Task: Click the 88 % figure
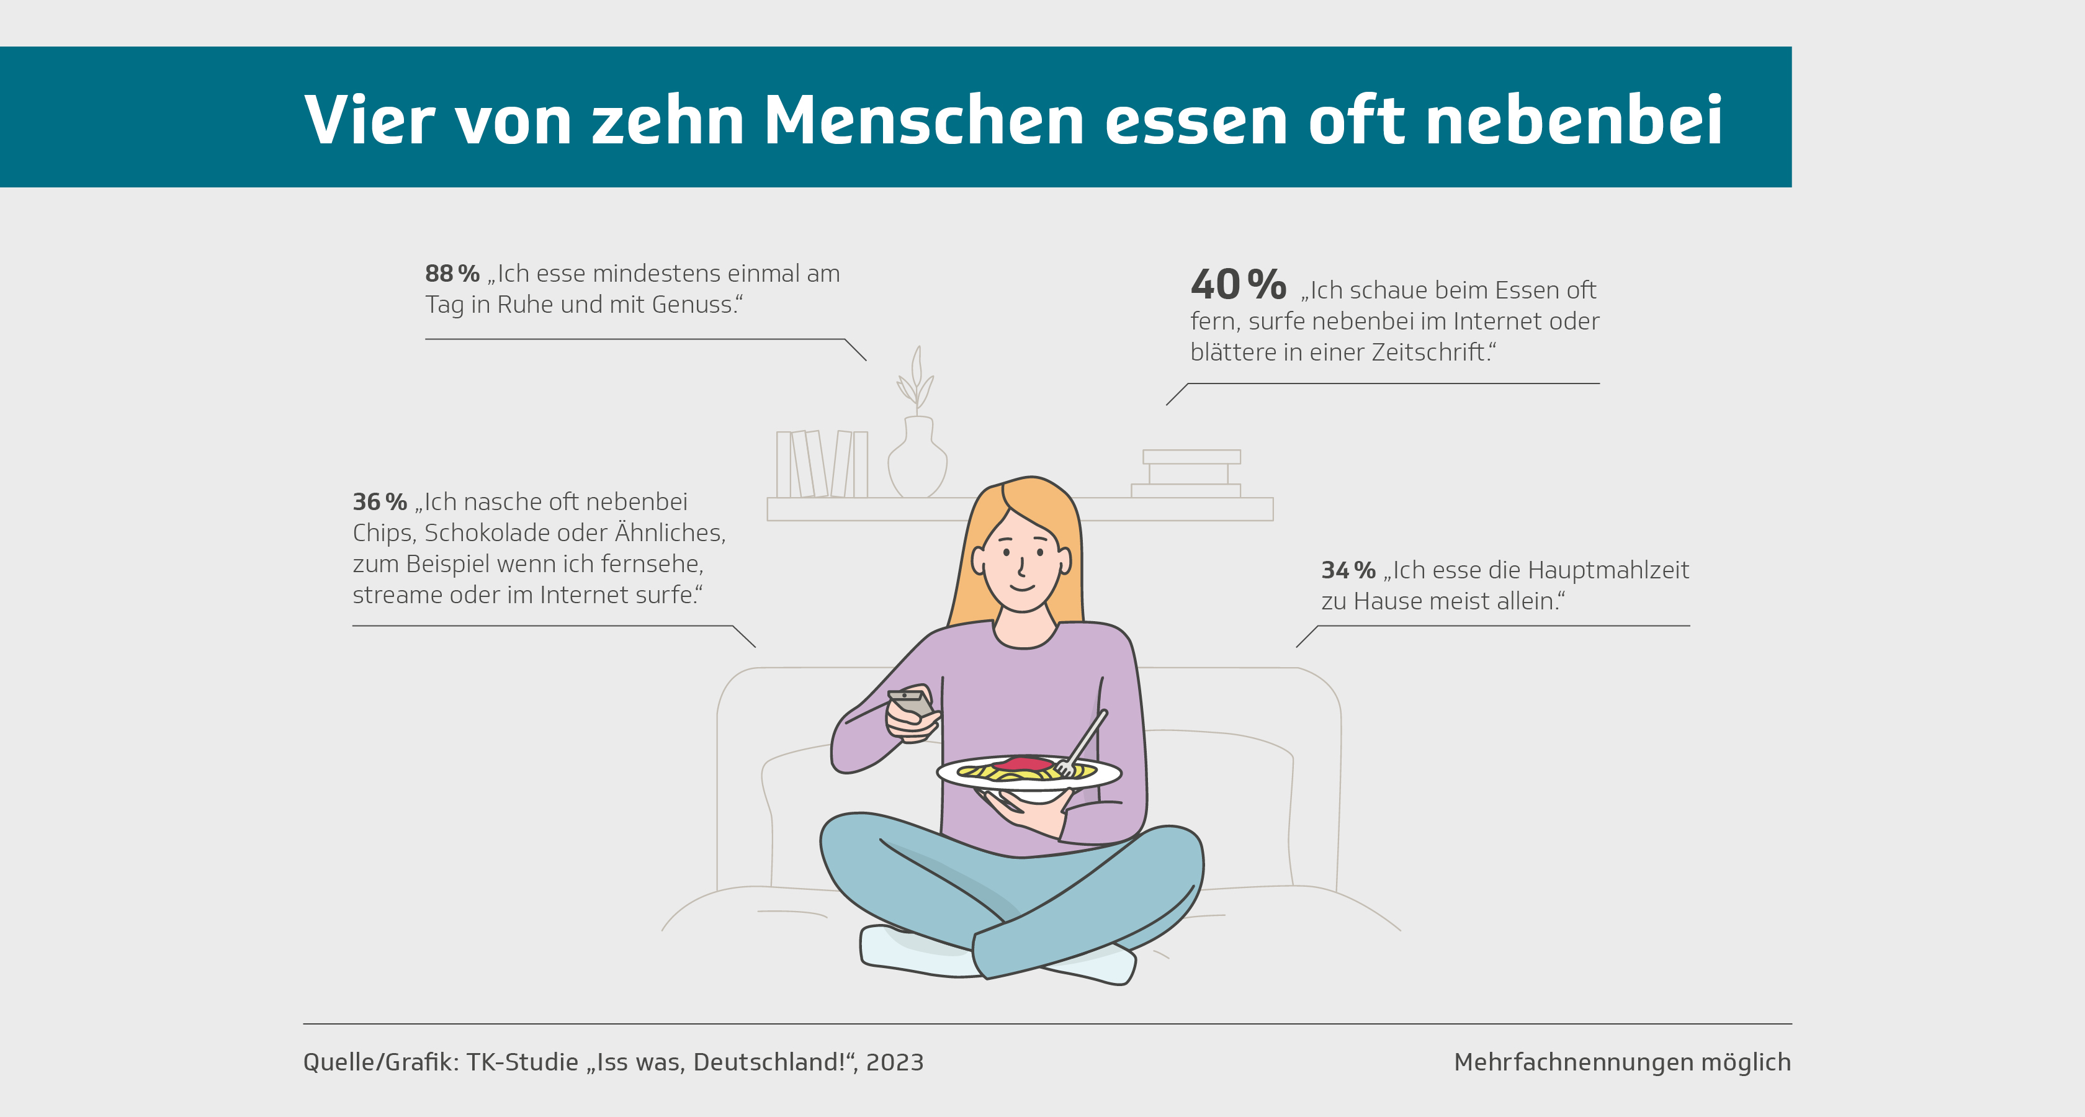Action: (452, 274)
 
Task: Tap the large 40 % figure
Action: (1237, 285)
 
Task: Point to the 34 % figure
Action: (1348, 571)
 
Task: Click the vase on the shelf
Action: (917, 460)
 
